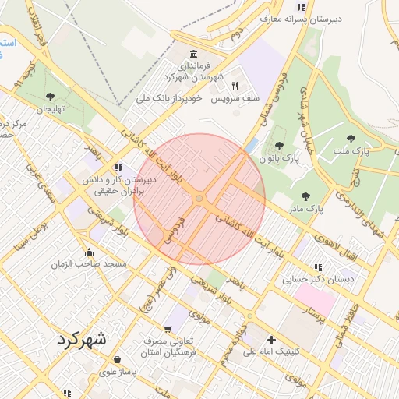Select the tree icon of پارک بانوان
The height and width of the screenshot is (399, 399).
[279, 146]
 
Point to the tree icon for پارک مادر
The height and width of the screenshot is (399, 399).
[305, 196]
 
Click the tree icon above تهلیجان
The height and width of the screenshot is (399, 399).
[50, 97]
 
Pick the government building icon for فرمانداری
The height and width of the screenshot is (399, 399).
[193, 53]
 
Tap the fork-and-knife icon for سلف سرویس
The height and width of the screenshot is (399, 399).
[235, 87]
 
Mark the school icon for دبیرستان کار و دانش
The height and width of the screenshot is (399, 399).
[118, 167]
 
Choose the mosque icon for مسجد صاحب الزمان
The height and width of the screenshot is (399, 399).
[89, 252]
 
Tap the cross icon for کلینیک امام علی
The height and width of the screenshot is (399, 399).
[271, 339]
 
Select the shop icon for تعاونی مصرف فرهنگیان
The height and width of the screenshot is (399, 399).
[168, 330]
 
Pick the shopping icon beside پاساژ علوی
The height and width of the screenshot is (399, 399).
[117, 360]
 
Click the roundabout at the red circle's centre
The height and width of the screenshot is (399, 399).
[199, 199]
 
